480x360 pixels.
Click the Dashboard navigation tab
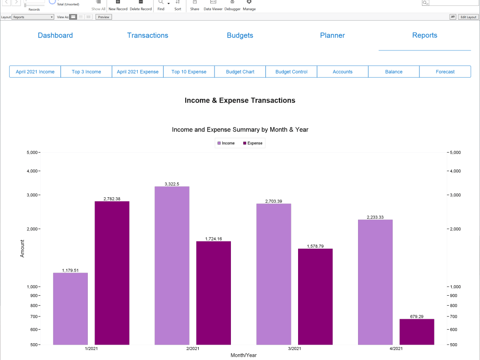tap(55, 36)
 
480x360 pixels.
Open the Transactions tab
tap(147, 36)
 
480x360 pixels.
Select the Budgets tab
tap(240, 36)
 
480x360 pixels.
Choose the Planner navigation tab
tap(332, 36)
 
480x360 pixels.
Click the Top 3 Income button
tap(86, 72)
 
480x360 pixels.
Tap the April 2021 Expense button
tap(138, 72)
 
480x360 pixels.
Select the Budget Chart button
tap(240, 72)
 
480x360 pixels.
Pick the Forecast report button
tap(445, 72)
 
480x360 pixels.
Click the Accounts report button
tap(343, 72)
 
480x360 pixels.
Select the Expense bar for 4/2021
tap(417, 332)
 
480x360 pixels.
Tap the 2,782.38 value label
tap(112, 199)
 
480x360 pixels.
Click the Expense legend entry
tap(253, 143)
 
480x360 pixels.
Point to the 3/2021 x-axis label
tap(294, 348)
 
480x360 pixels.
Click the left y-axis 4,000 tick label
tap(32, 171)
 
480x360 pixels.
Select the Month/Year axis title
tap(243, 355)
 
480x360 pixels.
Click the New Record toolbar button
tap(118, 5)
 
